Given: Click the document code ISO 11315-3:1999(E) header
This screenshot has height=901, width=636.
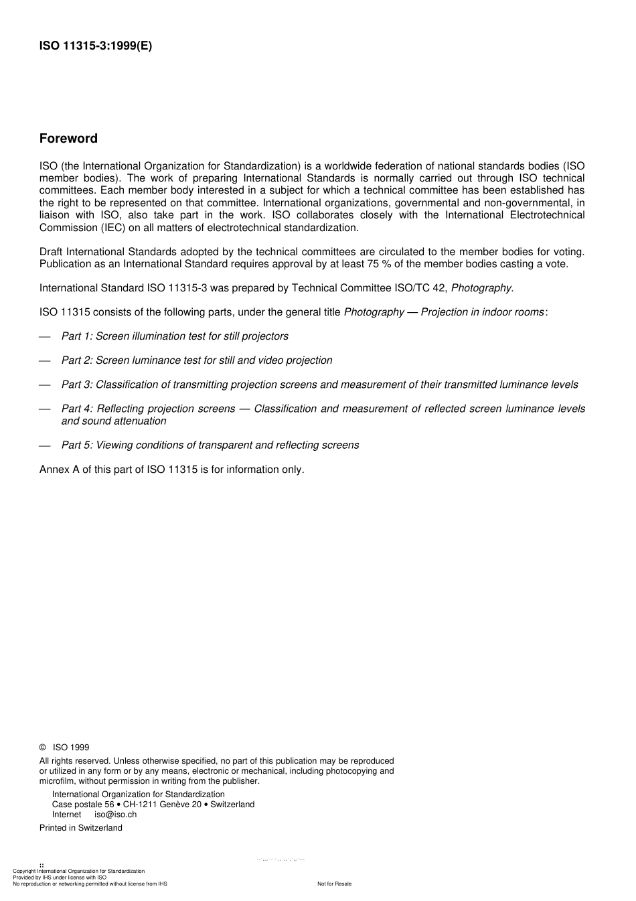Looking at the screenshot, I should click(96, 46).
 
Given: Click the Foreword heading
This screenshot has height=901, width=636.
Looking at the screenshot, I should click(68, 139).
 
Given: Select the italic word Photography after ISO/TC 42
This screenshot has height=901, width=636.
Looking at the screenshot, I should click(481, 288).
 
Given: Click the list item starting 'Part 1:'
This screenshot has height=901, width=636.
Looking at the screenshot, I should click(175, 336).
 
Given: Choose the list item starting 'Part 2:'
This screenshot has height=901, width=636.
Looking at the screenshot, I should click(196, 360).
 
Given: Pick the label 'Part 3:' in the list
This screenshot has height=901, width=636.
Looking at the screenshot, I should click(77, 385).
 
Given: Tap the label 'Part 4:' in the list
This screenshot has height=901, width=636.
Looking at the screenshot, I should click(77, 409).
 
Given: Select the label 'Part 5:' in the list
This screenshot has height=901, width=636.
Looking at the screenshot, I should click(77, 445).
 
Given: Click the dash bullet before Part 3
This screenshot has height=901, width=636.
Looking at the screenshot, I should click(45, 385).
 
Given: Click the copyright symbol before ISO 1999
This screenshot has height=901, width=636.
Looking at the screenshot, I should click(43, 748).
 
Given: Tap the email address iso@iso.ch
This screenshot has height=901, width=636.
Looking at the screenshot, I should click(115, 815).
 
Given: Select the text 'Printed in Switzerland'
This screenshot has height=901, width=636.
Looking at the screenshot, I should click(81, 828).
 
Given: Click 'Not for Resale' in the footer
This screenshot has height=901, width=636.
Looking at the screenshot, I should click(334, 884).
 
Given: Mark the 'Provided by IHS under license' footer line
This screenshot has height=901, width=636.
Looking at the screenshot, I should click(60, 877).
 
